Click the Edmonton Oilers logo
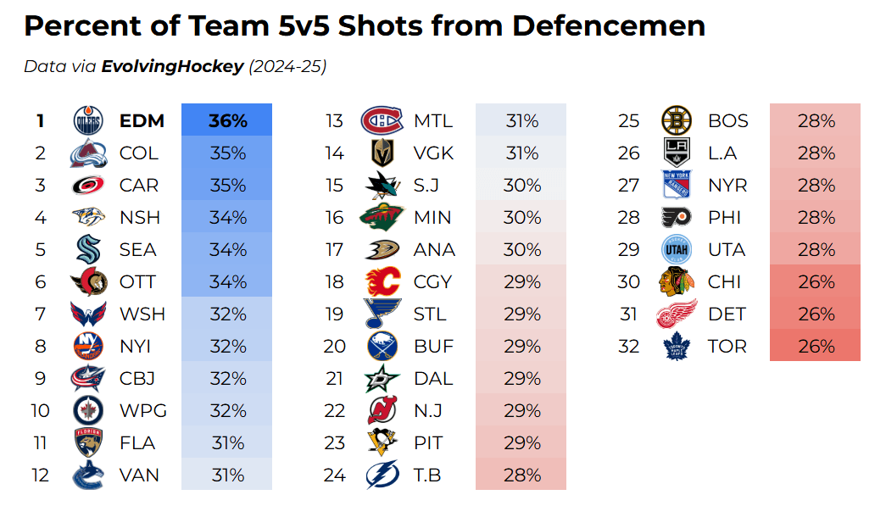(87, 120)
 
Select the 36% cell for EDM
(227, 121)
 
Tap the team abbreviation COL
(139, 153)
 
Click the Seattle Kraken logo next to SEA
(87, 249)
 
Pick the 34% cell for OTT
(227, 281)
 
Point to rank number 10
(40, 410)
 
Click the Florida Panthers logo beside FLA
(87, 442)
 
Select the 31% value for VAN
(227, 475)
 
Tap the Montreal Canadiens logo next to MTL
(382, 121)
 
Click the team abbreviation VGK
(433, 153)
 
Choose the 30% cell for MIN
(521, 217)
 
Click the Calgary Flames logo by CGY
(382, 281)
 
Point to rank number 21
(335, 378)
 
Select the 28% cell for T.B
(521, 475)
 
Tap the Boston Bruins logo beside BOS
(676, 121)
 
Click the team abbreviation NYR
(728, 186)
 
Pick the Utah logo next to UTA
(676, 249)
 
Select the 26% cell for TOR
(816, 346)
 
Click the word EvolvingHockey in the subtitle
(172, 66)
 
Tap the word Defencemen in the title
(608, 26)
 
